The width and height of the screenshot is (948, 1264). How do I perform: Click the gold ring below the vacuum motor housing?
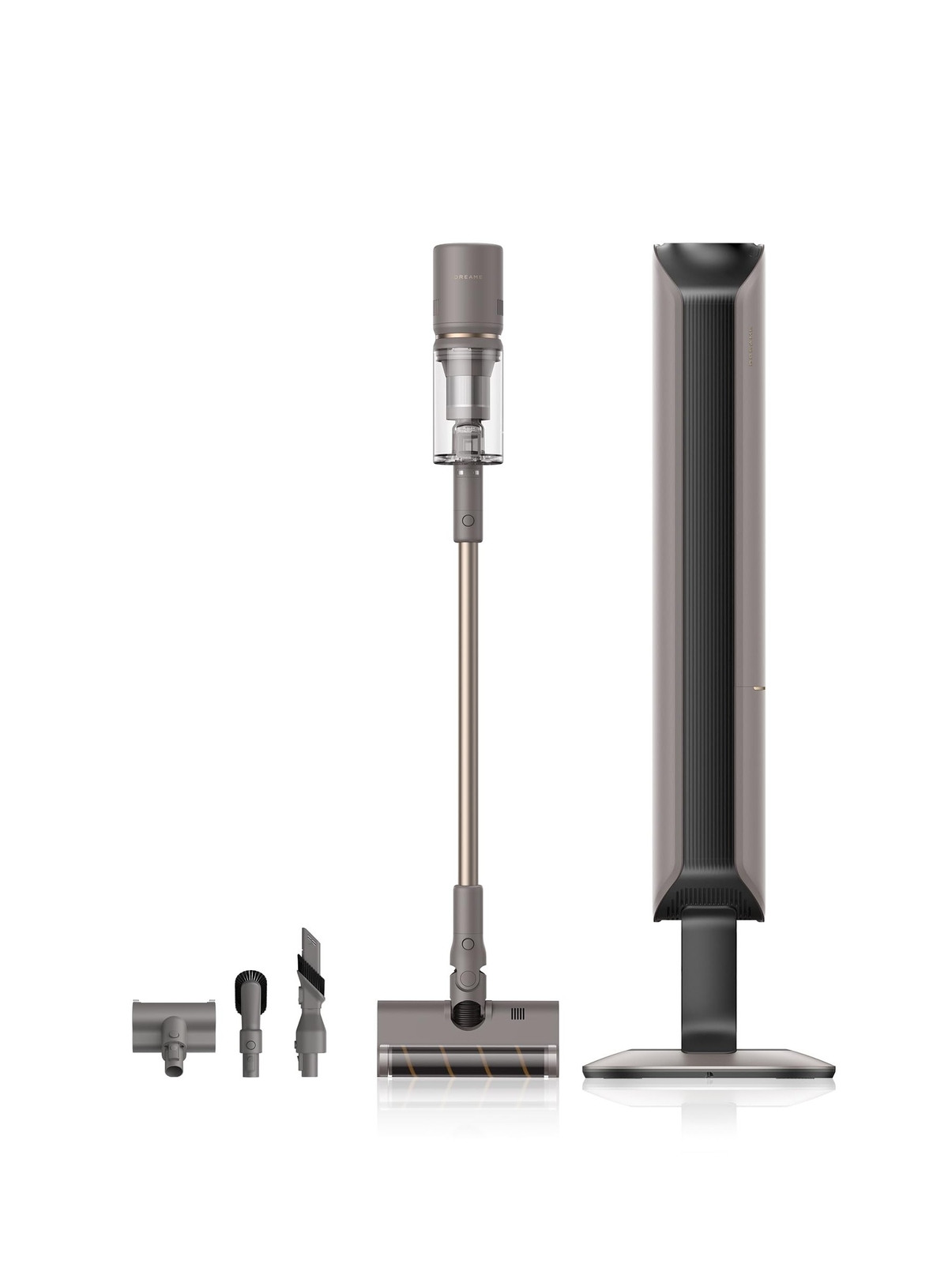click(468, 337)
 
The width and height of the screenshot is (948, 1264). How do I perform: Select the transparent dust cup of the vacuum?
click(468, 403)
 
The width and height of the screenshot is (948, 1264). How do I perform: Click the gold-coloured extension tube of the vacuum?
click(468, 711)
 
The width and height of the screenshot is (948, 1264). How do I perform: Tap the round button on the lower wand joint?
click(468, 943)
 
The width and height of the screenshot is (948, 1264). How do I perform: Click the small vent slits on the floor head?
click(517, 1014)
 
